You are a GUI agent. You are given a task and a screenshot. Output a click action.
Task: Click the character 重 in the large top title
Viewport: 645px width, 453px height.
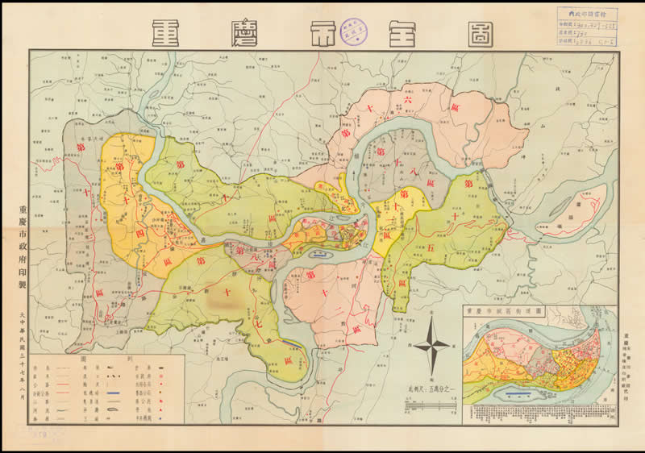click(169, 32)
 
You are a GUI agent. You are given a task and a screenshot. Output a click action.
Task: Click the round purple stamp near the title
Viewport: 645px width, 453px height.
click(350, 29)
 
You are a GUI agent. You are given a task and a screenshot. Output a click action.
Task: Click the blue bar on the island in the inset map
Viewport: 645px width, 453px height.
click(517, 393)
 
